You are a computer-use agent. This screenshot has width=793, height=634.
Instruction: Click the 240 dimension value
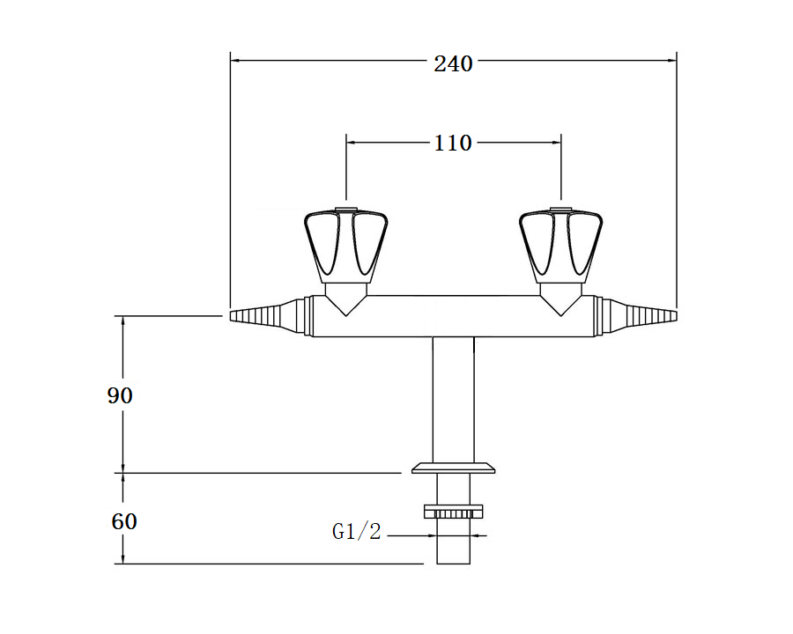(x=453, y=64)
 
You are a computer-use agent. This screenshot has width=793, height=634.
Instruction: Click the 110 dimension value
(x=453, y=144)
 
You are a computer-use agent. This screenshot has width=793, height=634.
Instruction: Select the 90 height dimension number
(x=120, y=395)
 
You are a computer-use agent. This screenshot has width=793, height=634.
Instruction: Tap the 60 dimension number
(x=124, y=521)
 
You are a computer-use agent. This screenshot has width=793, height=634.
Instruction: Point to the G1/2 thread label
(x=356, y=531)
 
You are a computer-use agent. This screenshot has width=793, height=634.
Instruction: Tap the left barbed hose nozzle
(x=267, y=316)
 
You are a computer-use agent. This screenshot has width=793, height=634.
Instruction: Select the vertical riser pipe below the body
(x=453, y=400)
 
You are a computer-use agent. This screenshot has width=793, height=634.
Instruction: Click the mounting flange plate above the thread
(x=453, y=468)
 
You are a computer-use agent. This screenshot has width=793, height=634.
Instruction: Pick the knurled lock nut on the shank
(x=453, y=511)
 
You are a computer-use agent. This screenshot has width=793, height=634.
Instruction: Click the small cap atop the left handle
(x=346, y=209)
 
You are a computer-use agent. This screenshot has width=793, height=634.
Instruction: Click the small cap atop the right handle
(x=561, y=209)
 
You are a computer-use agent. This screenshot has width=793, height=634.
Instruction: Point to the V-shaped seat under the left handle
(x=346, y=299)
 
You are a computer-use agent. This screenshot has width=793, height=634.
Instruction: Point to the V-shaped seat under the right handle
(x=561, y=299)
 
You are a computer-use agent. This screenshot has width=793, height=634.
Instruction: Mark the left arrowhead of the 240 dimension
(x=234, y=61)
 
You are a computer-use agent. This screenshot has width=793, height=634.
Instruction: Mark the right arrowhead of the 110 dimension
(x=557, y=143)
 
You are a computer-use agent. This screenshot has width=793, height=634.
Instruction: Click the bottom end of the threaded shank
(x=453, y=564)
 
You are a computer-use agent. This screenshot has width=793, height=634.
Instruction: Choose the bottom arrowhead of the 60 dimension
(x=122, y=559)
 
